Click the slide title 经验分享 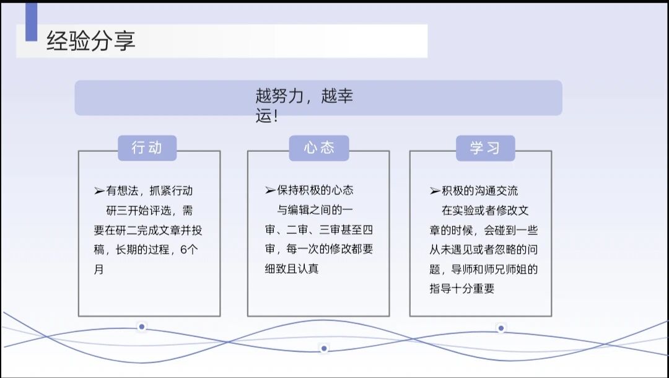pyautogui.click(x=91, y=42)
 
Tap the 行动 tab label pyautogui.click(x=147, y=147)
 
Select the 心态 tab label pyautogui.click(x=319, y=147)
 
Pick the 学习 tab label pyautogui.click(x=485, y=147)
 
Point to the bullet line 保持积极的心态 pyautogui.click(x=309, y=190)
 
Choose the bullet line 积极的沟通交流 pyautogui.click(x=474, y=191)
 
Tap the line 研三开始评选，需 pyautogui.click(x=149, y=211)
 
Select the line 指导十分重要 pyautogui.click(x=462, y=289)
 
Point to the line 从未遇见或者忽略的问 pyautogui.click(x=484, y=250)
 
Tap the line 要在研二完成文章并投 pyautogui.click(x=148, y=230)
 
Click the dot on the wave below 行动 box pyautogui.click(x=142, y=327)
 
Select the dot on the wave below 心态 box pyautogui.click(x=323, y=349)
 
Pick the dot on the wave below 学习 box pyautogui.click(x=501, y=328)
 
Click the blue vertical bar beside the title pyautogui.click(x=31, y=22)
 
